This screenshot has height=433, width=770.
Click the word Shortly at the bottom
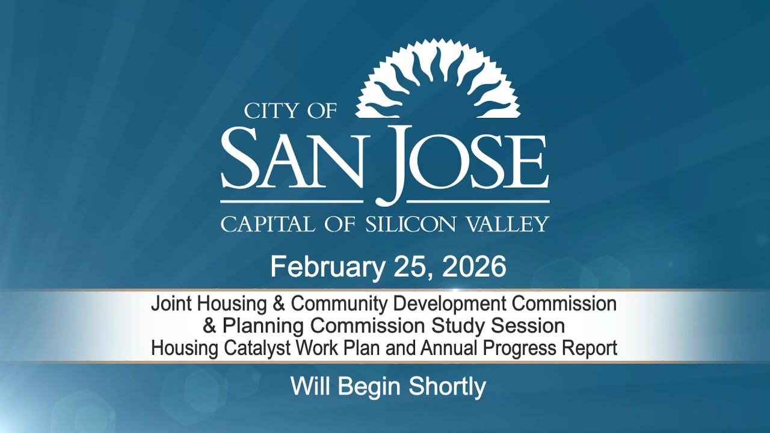point(447,386)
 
